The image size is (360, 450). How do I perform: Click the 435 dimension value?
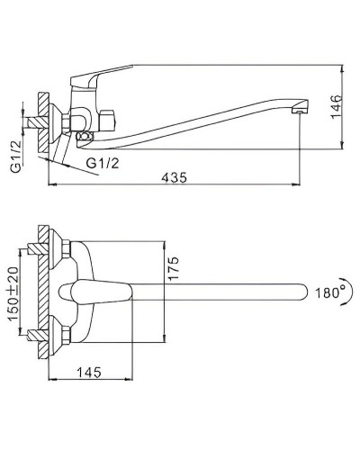point(174,177)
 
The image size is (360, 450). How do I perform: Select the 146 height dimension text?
point(337,107)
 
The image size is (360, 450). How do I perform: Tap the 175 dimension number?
point(173,268)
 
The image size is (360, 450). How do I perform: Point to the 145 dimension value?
point(89,373)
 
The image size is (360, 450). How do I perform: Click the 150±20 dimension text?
point(13,293)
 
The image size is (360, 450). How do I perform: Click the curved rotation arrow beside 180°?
point(349,292)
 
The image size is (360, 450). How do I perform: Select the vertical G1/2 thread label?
point(16,157)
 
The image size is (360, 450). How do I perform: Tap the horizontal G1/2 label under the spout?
point(103,163)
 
